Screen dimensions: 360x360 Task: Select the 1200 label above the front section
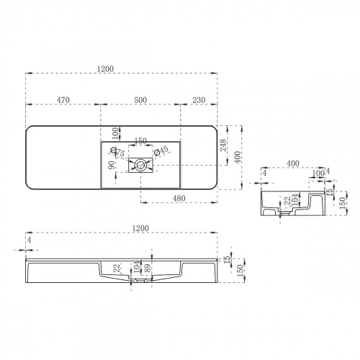point(140,228)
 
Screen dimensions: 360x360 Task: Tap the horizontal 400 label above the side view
point(293,163)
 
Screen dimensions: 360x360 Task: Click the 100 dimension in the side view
point(318,174)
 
